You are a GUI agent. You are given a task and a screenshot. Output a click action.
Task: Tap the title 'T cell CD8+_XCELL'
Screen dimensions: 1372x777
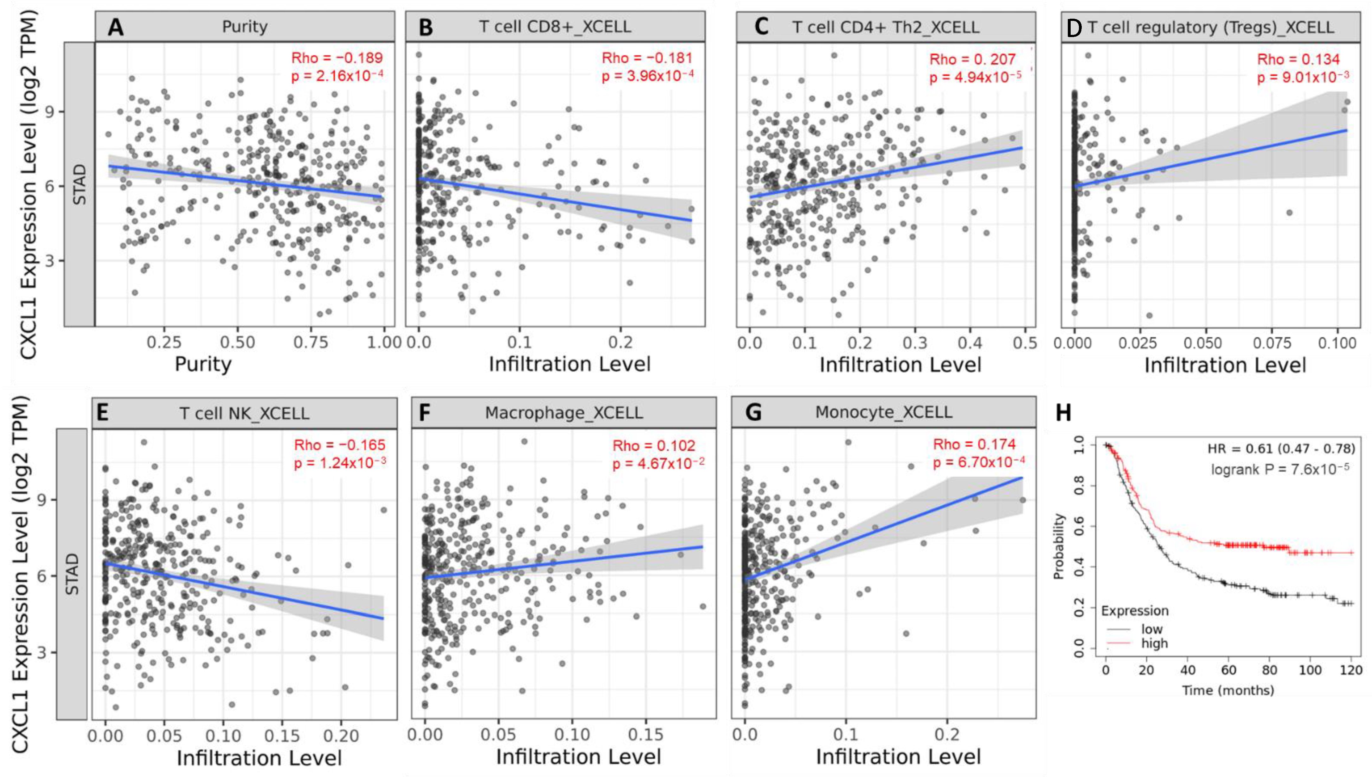pos(555,27)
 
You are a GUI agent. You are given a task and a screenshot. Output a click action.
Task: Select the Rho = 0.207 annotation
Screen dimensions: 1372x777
pos(972,59)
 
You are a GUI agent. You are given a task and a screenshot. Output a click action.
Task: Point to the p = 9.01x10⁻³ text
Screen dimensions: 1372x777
pos(1303,77)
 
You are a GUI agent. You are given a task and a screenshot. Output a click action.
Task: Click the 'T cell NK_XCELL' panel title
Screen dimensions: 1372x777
pos(244,414)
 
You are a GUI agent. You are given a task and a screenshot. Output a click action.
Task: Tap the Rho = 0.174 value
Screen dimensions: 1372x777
pos(974,444)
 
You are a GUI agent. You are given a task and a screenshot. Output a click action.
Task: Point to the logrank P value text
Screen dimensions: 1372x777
pos(1280,469)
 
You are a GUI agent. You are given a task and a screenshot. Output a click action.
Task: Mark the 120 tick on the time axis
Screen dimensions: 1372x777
pos(1351,670)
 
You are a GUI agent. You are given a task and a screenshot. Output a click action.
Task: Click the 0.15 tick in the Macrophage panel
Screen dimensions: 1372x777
pos(645,735)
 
